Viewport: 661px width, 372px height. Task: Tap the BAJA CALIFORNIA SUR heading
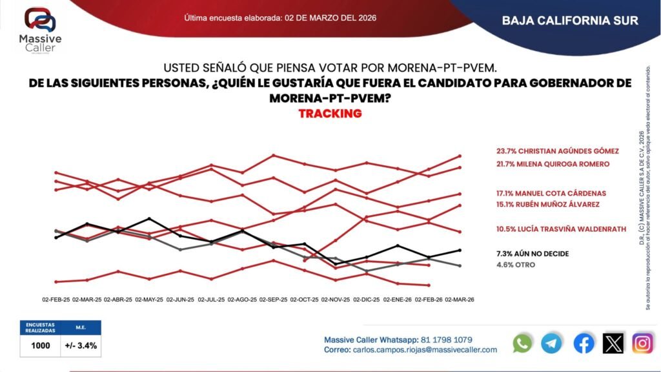(570, 21)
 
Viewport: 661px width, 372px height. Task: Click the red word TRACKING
(330, 114)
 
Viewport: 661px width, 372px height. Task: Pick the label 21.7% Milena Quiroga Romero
(553, 164)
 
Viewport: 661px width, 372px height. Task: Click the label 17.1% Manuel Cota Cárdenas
(551, 193)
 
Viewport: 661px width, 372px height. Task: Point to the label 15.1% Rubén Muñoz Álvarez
(547, 205)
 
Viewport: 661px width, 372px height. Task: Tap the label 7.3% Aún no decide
(532, 254)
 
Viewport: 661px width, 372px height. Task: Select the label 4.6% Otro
(515, 265)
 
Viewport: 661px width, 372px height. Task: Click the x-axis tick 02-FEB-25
(56, 300)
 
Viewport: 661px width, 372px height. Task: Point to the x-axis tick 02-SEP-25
(273, 300)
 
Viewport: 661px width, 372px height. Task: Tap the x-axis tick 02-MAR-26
(459, 300)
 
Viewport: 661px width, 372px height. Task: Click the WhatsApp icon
(522, 343)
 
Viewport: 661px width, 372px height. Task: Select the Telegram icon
(552, 343)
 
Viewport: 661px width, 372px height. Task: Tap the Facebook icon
(584, 343)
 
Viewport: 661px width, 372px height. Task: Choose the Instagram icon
(642, 343)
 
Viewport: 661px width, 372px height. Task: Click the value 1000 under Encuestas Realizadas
(41, 346)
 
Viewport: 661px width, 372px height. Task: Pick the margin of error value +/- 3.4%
(81, 346)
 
